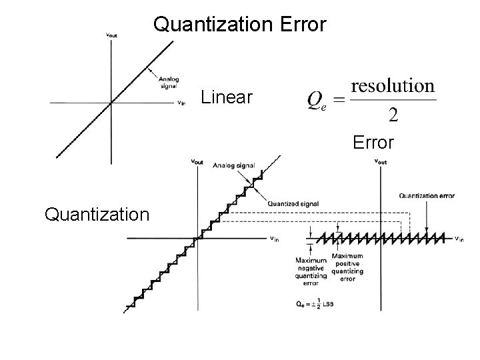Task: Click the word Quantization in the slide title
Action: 209,25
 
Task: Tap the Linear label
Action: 227,98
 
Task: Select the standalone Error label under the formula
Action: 373,142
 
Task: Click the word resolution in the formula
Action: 393,86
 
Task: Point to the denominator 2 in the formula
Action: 393,115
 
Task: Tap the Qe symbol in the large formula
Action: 317,101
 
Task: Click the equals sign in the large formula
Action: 339,101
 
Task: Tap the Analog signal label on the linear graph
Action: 169,81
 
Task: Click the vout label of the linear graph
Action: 113,35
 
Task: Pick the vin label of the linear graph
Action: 181,103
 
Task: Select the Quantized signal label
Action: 293,203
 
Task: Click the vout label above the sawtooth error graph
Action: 381,161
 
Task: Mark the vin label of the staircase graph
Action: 274,239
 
